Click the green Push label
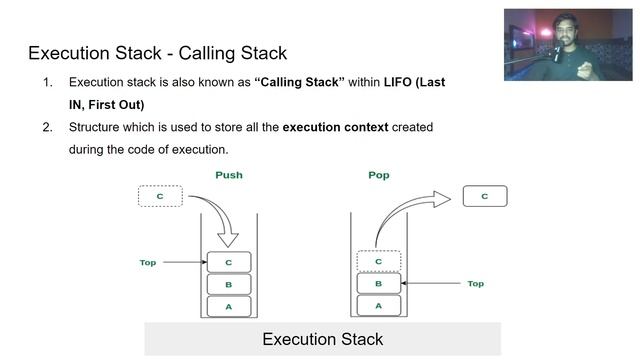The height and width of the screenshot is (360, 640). tap(229, 175)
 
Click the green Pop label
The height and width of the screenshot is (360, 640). tap(379, 175)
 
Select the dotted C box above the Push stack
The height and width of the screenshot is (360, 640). tap(160, 196)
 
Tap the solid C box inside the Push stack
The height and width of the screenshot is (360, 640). tap(229, 262)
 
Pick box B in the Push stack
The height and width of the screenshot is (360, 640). tap(229, 284)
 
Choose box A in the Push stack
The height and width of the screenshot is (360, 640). tap(229, 307)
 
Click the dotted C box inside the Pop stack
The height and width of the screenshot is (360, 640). tap(379, 261)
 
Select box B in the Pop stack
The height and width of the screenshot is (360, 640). tap(379, 283)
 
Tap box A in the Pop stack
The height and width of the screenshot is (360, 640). tap(379, 305)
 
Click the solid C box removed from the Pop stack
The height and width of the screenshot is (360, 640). tap(485, 196)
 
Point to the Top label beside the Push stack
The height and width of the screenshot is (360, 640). tap(148, 262)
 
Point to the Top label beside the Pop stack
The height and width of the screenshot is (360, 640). tap(476, 284)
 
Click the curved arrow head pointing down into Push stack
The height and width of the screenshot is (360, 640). tap(228, 240)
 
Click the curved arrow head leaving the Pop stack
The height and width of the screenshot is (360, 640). tap(442, 199)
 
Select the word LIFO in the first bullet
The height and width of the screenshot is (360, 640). tap(398, 82)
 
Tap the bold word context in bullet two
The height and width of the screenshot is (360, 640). tap(366, 127)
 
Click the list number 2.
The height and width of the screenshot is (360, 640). tap(47, 127)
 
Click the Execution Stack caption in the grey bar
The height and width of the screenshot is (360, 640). tap(322, 339)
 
